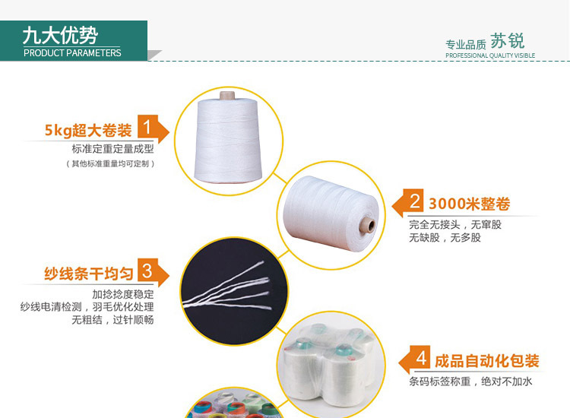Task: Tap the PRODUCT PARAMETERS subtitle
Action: (x=72, y=53)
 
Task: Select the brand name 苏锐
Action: (x=508, y=41)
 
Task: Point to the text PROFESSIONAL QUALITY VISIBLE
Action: (x=490, y=55)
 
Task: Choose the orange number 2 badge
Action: (x=415, y=201)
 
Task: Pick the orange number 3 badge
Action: (x=147, y=271)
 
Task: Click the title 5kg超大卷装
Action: (x=88, y=130)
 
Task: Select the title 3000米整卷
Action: (x=469, y=204)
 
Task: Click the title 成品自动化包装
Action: (x=486, y=360)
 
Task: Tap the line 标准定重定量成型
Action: (x=112, y=149)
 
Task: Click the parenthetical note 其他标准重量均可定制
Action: (x=110, y=163)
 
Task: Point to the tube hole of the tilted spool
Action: (x=368, y=226)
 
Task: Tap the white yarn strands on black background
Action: (x=236, y=293)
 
